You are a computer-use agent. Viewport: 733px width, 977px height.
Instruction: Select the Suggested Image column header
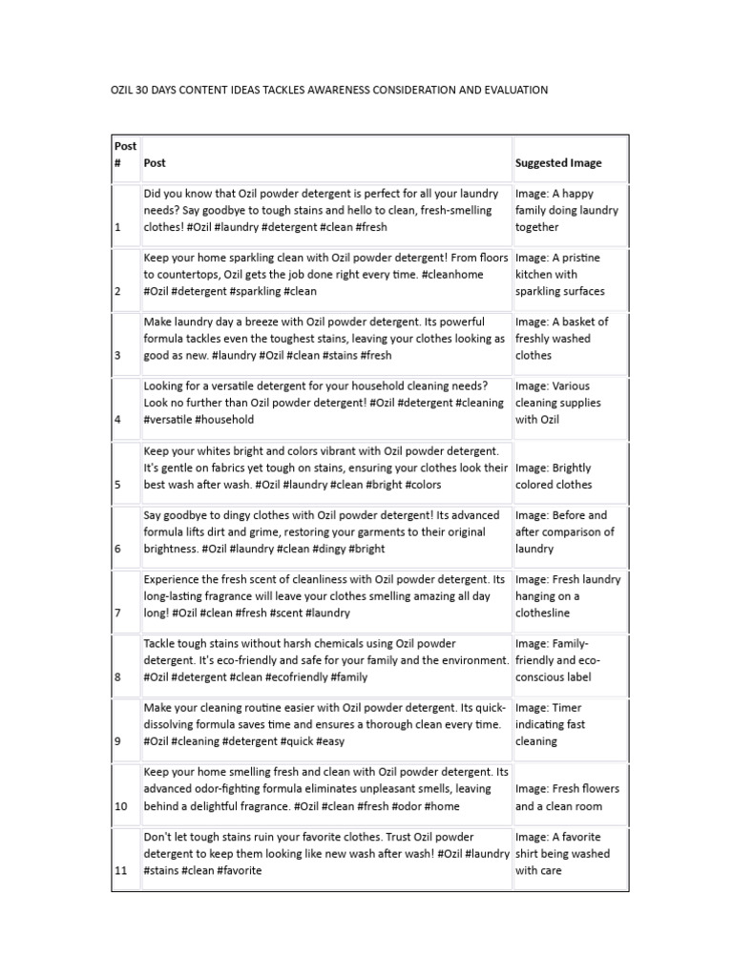point(558,163)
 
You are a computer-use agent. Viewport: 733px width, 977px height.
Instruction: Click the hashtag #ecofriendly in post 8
point(298,677)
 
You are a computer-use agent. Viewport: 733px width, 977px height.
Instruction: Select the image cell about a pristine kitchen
point(569,275)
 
